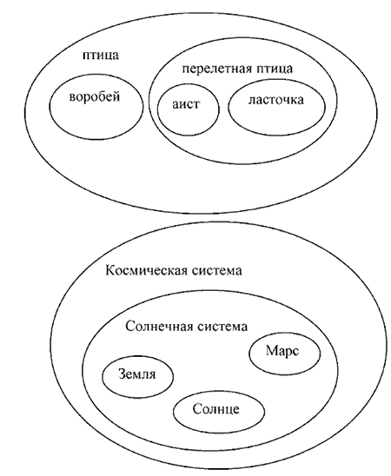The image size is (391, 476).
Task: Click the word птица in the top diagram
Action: pos(101,56)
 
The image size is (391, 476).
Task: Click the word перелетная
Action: pos(217,69)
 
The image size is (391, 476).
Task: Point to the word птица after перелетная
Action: pos(275,69)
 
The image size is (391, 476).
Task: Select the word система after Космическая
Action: pos(217,271)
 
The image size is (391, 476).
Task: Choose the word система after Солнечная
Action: pos(222,327)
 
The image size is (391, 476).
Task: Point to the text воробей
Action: pos(95,97)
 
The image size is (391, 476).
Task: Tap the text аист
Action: pos(187,105)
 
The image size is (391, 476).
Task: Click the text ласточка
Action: pos(276,100)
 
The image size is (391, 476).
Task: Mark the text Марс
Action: pos(282,351)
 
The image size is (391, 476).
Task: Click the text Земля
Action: pos(137,374)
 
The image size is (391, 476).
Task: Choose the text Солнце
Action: pos(215,409)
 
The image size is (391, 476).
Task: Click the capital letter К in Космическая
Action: pos(109,270)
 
